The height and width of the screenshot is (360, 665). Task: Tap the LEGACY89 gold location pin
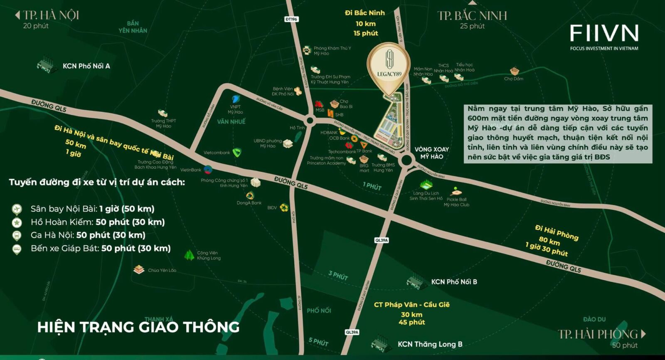[389, 67]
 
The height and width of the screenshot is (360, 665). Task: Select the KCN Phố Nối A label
[86, 66]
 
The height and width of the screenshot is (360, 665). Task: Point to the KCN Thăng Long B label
[430, 344]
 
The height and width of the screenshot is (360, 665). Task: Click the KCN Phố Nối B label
[454, 282]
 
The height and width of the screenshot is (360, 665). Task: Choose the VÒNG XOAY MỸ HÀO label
[431, 153]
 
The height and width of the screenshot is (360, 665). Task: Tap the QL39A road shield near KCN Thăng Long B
[352, 332]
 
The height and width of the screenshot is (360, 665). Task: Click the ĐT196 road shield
[291, 19]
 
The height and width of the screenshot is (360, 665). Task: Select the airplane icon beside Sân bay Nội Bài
[17, 209]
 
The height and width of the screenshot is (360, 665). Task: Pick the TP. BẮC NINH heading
[472, 16]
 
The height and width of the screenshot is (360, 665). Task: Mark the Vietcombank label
[217, 153]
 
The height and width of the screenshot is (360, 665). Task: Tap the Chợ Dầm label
[514, 79]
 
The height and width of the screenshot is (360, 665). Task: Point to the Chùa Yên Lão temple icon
[139, 270]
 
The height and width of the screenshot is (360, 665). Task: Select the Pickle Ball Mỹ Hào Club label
[456, 202]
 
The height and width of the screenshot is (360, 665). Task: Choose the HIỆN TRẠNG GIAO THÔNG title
[138, 327]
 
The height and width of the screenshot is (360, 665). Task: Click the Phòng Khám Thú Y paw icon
[307, 50]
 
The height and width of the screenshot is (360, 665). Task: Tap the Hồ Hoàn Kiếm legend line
[98, 222]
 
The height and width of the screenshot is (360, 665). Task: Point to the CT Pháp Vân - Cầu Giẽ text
[411, 305]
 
